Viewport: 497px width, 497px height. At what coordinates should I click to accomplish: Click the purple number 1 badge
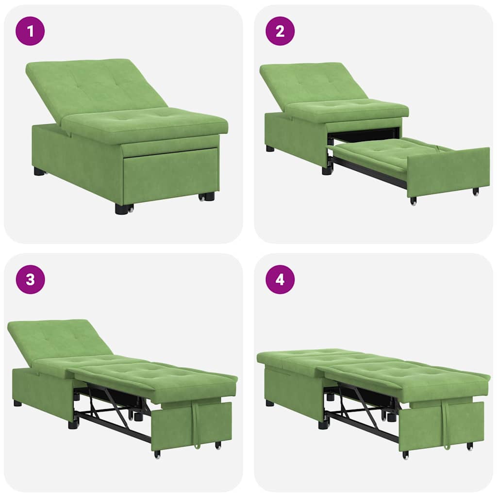(x=30, y=31)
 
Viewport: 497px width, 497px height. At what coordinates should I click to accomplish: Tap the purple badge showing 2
(x=280, y=31)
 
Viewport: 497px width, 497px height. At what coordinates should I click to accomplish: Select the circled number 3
(x=30, y=280)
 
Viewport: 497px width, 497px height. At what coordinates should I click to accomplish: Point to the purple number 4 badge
(x=280, y=280)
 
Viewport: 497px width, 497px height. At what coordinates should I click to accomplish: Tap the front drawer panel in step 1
(x=170, y=175)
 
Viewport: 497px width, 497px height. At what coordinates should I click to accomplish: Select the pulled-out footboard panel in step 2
(x=447, y=171)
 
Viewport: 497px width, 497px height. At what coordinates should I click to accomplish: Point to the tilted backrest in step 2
(x=311, y=83)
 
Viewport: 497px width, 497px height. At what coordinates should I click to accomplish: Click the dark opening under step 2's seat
(x=364, y=135)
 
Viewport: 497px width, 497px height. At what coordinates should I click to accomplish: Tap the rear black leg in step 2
(x=270, y=148)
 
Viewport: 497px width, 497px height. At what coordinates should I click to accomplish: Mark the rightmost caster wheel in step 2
(x=476, y=192)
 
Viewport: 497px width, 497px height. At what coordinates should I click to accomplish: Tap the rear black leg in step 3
(x=17, y=403)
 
